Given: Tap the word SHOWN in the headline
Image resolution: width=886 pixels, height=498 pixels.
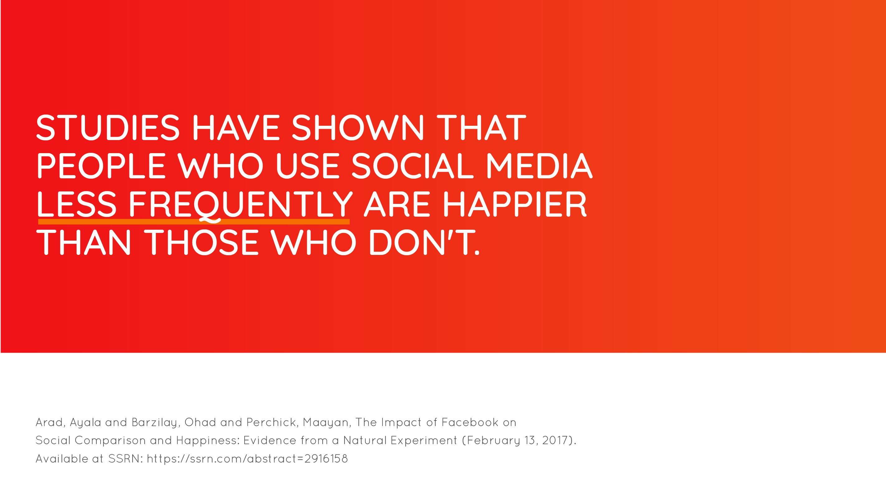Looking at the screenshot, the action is pyautogui.click(x=358, y=128).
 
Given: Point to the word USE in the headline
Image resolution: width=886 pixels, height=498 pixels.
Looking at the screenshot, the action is pyautogui.click(x=308, y=166).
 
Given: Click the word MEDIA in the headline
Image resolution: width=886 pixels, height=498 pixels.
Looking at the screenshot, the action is pyautogui.click(x=539, y=166).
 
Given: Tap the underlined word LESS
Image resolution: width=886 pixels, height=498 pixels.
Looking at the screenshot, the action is pyautogui.click(x=77, y=204).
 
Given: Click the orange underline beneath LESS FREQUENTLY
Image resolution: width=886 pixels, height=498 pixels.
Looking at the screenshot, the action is pyautogui.click(x=194, y=222).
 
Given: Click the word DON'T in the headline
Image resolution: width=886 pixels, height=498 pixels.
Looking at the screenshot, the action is pyautogui.click(x=424, y=242).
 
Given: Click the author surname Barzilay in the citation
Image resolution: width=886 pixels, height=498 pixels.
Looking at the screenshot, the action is pyautogui.click(x=155, y=423).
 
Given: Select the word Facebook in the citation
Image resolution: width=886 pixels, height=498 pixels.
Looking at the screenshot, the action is pyautogui.click(x=470, y=422).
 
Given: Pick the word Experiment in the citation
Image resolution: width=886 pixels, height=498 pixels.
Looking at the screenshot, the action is pyautogui.click(x=424, y=440).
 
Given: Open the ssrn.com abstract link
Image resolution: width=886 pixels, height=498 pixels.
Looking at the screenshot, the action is pyautogui.click(x=247, y=459).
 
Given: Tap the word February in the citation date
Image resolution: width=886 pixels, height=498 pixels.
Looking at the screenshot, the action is pyautogui.click(x=494, y=440).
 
